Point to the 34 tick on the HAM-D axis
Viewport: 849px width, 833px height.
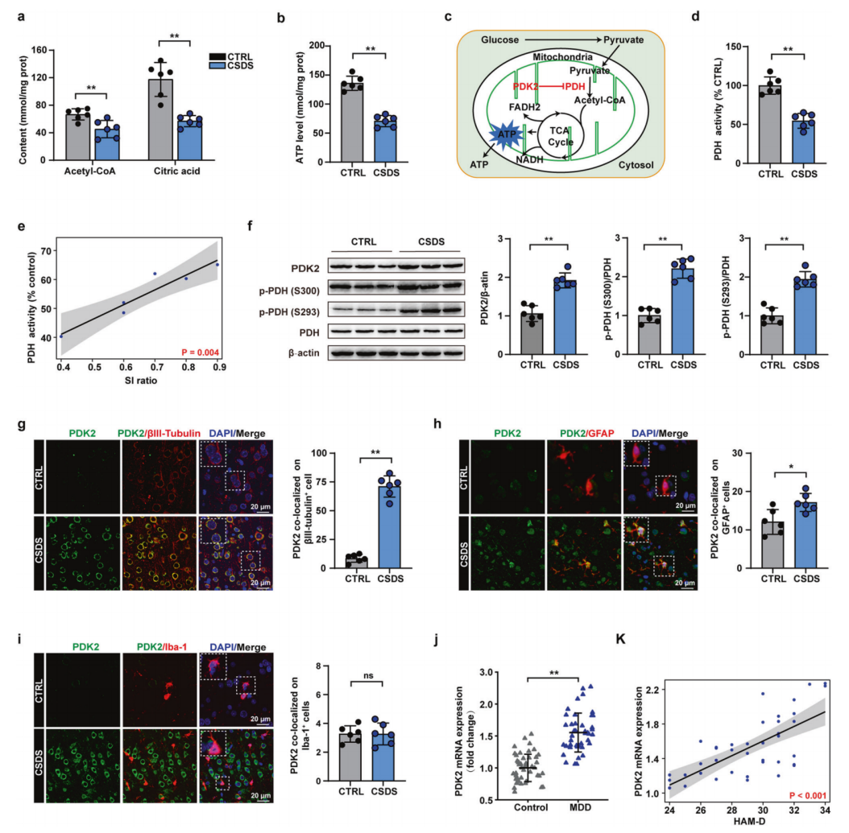coord(826,809)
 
